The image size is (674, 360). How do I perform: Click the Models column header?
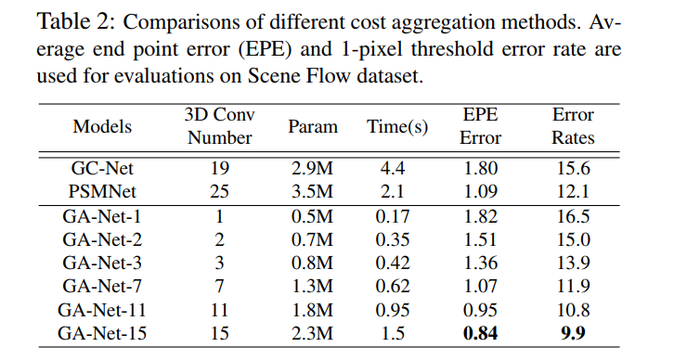[102, 127]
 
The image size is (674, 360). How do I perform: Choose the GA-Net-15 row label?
[102, 333]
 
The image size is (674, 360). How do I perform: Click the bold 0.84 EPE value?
[481, 333]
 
